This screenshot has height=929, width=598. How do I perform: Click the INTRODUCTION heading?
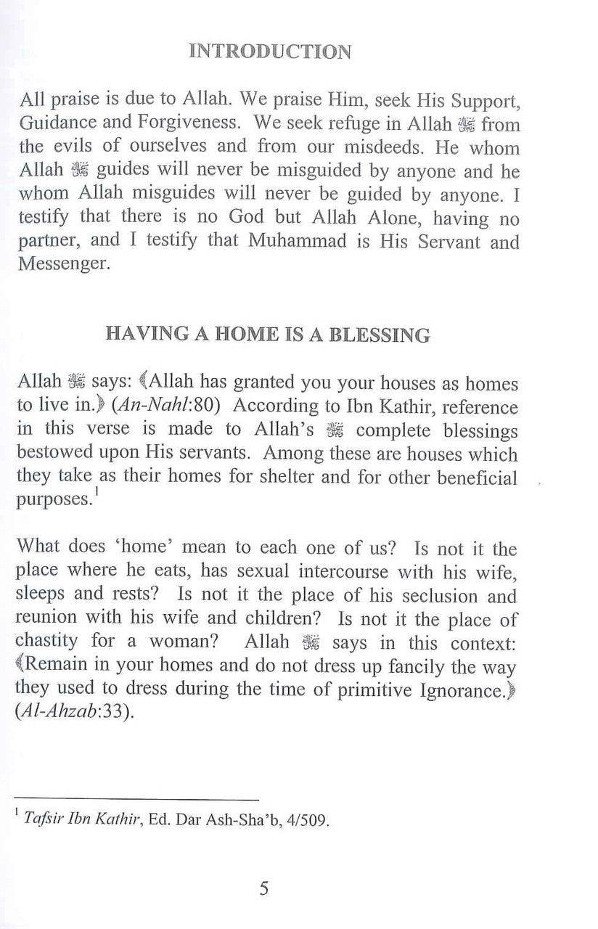point(270,52)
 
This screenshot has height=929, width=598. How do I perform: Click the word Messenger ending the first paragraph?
point(64,264)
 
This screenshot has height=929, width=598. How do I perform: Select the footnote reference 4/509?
point(314,822)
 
